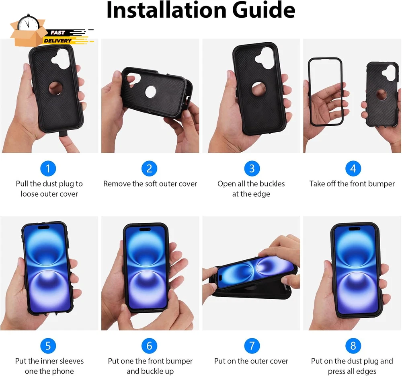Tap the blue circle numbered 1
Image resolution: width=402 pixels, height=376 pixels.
coord(48,168)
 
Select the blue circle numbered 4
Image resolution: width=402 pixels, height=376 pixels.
coord(353,168)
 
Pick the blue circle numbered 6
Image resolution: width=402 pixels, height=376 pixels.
coord(149,346)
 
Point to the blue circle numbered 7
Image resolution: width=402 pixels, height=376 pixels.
coord(252,346)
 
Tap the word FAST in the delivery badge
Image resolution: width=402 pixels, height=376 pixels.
coord(57,33)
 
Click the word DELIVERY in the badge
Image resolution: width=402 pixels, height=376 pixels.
coord(57,41)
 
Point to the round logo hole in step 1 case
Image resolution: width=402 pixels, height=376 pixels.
coord(56,88)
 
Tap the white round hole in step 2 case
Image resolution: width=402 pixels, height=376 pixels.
coord(150,92)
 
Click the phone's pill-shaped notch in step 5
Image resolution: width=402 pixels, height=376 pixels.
coord(44,227)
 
